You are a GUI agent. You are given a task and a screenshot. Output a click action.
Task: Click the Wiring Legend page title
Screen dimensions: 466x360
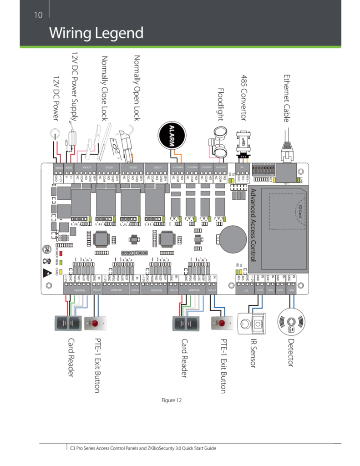tap(96, 33)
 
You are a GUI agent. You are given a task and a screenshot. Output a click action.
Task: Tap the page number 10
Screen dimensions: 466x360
tap(38, 15)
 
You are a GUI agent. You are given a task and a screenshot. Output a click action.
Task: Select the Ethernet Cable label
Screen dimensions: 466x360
tap(287, 98)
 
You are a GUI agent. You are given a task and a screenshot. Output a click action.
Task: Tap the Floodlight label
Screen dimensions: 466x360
tap(221, 105)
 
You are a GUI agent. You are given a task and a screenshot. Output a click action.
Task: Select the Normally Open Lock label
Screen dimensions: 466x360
tap(136, 88)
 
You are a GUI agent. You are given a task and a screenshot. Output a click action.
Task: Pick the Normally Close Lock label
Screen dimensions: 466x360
tap(104, 88)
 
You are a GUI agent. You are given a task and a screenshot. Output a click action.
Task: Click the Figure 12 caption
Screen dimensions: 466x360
tap(172, 400)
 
